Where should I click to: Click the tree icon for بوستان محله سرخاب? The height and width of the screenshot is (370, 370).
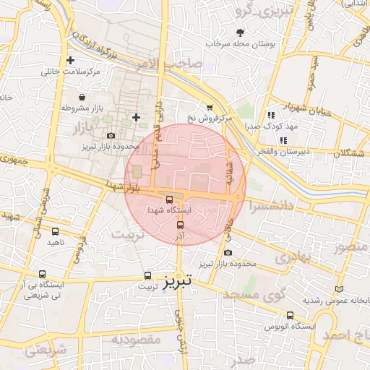[x=240, y=33]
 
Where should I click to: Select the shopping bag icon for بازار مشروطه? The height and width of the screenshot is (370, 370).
[x=81, y=96]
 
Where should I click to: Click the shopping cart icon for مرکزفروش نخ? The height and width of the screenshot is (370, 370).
[x=210, y=106]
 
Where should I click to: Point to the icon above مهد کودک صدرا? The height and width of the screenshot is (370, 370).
[x=270, y=114]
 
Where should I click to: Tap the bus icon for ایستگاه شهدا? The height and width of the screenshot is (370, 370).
[x=168, y=199]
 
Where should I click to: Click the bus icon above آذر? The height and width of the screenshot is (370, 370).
[x=180, y=224]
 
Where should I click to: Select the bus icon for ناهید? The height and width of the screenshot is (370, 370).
[x=56, y=231]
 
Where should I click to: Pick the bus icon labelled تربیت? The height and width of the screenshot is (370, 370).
[x=147, y=275]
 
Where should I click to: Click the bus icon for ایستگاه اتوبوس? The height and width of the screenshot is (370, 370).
[x=290, y=316]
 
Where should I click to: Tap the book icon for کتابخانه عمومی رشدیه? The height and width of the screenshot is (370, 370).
[x=340, y=289]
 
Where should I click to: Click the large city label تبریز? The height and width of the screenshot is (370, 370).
[x=178, y=280]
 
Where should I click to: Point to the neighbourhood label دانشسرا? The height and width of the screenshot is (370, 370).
[x=270, y=206]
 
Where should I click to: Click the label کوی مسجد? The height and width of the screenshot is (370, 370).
[x=254, y=295]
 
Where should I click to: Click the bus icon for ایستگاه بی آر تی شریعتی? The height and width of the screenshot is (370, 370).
[x=43, y=275]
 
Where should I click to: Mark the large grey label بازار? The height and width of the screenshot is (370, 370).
[x=85, y=129]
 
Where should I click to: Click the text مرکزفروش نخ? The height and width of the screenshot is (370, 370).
[x=210, y=117]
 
